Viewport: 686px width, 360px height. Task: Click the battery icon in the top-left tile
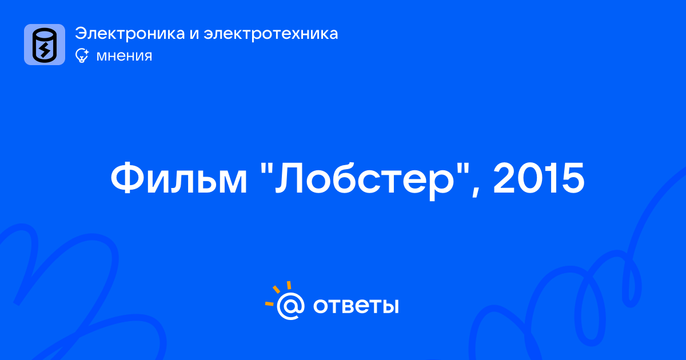click(x=45, y=45)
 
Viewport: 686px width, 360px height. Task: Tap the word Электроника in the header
click(x=130, y=34)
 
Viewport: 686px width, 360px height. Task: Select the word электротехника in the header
click(x=271, y=34)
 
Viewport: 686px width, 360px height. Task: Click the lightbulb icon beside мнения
click(x=82, y=55)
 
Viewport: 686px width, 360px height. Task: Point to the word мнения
click(x=125, y=56)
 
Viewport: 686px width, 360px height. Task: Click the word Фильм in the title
click(x=179, y=178)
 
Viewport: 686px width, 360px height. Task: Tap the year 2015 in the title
click(x=539, y=178)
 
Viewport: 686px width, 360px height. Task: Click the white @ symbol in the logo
click(x=290, y=306)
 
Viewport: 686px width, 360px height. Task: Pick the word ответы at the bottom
click(x=356, y=306)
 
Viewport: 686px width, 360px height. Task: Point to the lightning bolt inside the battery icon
click(x=45, y=49)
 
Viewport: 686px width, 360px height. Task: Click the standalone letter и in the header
click(x=194, y=35)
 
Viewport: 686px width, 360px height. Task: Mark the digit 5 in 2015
click(x=572, y=178)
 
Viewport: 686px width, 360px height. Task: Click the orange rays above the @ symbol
click(x=278, y=293)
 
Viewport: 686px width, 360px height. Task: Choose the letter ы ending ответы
click(x=390, y=306)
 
